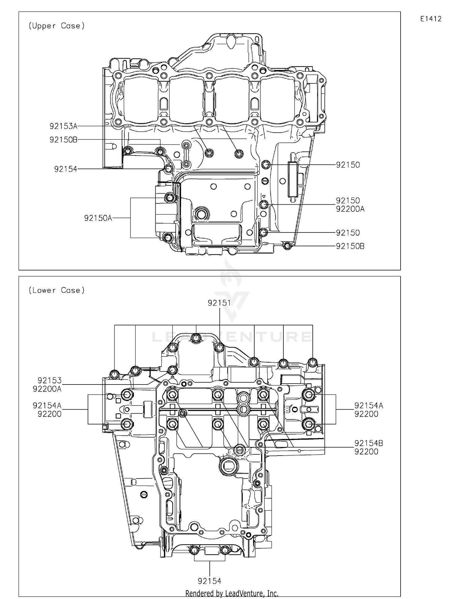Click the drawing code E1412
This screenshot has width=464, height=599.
click(x=431, y=19)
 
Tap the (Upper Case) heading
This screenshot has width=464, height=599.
click(x=57, y=26)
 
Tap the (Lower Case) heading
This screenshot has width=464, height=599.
click(x=57, y=290)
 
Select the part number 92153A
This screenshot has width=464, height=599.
click(x=63, y=126)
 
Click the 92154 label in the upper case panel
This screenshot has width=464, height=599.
click(x=66, y=169)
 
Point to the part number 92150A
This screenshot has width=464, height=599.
click(x=98, y=218)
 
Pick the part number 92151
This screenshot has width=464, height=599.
click(x=219, y=303)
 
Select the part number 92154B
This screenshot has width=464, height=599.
click(x=369, y=443)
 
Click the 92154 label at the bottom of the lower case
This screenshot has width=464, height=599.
click(x=209, y=581)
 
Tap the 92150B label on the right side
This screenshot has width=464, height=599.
click(x=350, y=246)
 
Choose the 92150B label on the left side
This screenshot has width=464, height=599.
click(x=63, y=140)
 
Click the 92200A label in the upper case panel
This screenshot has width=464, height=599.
click(x=350, y=209)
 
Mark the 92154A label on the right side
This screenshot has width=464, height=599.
click(x=369, y=406)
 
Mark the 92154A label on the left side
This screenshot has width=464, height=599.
click(x=47, y=406)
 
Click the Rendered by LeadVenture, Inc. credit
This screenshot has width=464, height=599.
click(x=232, y=593)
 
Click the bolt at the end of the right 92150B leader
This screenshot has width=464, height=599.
click(x=287, y=246)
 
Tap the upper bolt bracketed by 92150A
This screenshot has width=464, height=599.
click(x=170, y=198)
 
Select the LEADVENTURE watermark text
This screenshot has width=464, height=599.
click(x=232, y=337)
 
